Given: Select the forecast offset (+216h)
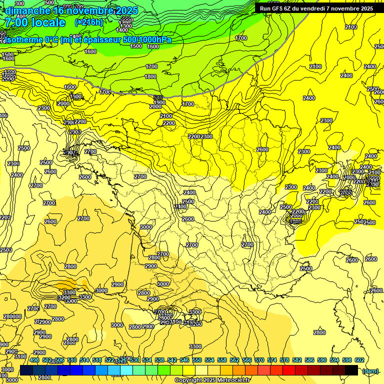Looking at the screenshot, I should pyautogui.click(x=88, y=22).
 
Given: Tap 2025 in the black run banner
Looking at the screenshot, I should pyautogui.click(x=366, y=8).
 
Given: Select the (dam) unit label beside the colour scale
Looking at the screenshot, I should pyautogui.click(x=370, y=371).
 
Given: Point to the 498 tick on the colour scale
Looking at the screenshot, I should pyautogui.click(x=34, y=360).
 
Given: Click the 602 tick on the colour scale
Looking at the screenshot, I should pyautogui.click(x=359, y=360).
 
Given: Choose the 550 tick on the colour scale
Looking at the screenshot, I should pyautogui.click(x=197, y=360).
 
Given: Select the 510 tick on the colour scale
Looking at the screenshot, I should pyautogui.click(x=72, y=360).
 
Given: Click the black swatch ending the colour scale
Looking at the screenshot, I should pyautogui.click(x=351, y=370).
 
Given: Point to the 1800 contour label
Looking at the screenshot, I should pyautogui.click(x=150, y=76).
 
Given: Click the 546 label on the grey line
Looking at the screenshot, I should pyautogui.click(x=158, y=97).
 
